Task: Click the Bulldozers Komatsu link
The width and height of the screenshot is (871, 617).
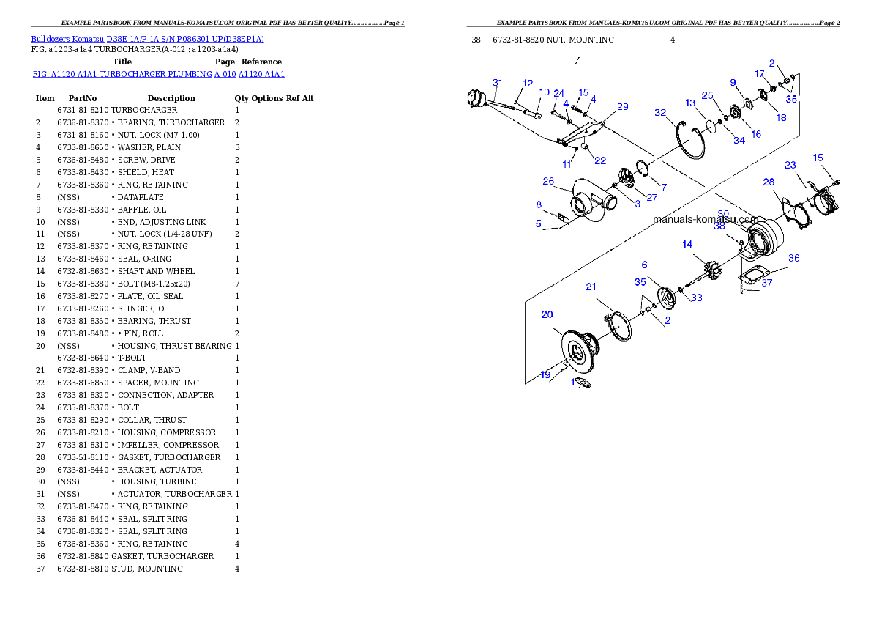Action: point(67,39)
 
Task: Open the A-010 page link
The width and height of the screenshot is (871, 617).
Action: point(225,74)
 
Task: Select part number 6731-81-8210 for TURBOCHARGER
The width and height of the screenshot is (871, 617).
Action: point(83,110)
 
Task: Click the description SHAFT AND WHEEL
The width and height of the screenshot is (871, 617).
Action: point(156,272)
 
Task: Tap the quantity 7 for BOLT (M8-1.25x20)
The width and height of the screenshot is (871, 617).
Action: point(237,284)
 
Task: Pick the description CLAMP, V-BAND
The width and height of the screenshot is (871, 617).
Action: point(149,371)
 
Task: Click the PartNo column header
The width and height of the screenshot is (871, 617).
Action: point(83,98)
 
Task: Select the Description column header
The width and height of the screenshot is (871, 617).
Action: point(171,98)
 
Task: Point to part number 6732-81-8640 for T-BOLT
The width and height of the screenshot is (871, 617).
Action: point(83,358)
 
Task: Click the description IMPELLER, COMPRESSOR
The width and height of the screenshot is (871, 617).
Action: point(168,445)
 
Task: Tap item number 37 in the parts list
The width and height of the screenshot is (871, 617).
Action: point(40,569)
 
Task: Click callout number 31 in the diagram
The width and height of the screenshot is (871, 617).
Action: point(497,82)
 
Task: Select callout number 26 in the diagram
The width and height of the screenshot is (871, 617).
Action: point(548,182)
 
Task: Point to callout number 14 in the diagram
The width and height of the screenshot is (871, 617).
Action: point(688,244)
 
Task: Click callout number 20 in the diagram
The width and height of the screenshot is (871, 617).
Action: point(547,314)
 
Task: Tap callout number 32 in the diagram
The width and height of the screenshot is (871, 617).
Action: point(660,112)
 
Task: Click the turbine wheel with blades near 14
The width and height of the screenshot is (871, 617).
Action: point(711,270)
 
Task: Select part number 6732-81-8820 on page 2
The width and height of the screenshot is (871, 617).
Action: point(518,40)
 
